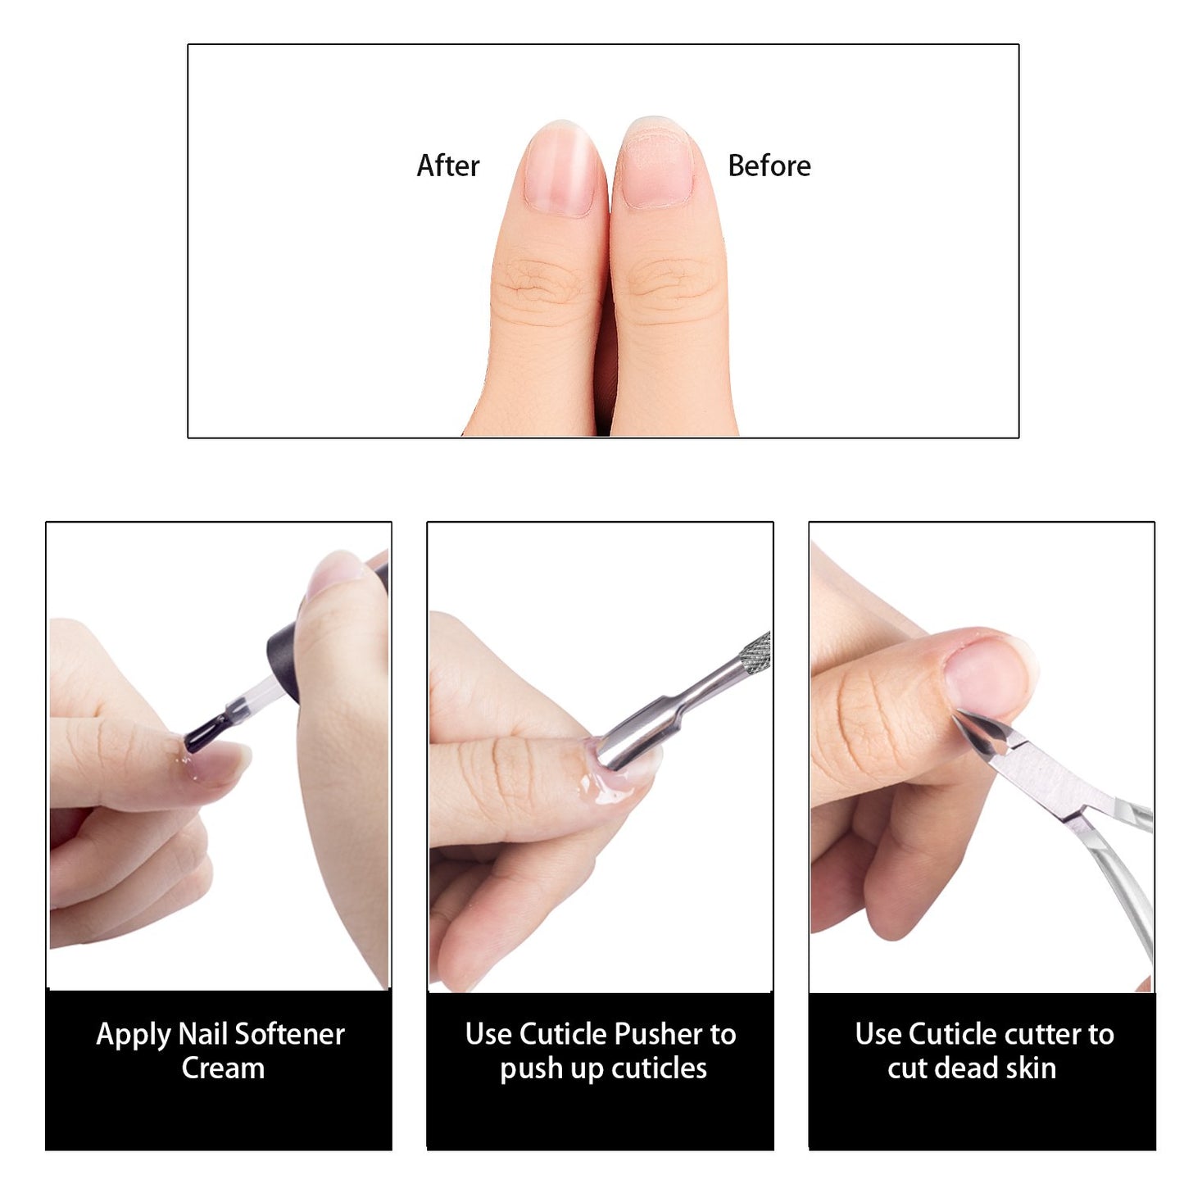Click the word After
pos(447,166)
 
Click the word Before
pos(769,166)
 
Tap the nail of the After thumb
pos(560,170)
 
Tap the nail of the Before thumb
pos(656,170)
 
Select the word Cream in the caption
pos(223,1068)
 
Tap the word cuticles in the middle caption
pos(659,1068)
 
